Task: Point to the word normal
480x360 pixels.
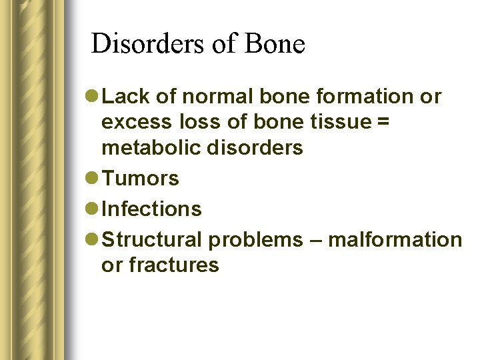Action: click(215, 97)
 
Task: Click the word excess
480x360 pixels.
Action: click(136, 122)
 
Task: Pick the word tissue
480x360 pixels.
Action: click(342, 122)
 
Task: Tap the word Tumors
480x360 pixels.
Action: click(141, 179)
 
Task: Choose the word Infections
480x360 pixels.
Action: click(153, 209)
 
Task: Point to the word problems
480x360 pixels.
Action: click(255, 239)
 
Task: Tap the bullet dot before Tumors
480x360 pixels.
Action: click(92, 179)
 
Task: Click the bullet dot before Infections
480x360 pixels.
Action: click(92, 209)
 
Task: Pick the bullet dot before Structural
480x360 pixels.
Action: click(92, 239)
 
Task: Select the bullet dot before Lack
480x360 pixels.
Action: click(92, 97)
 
